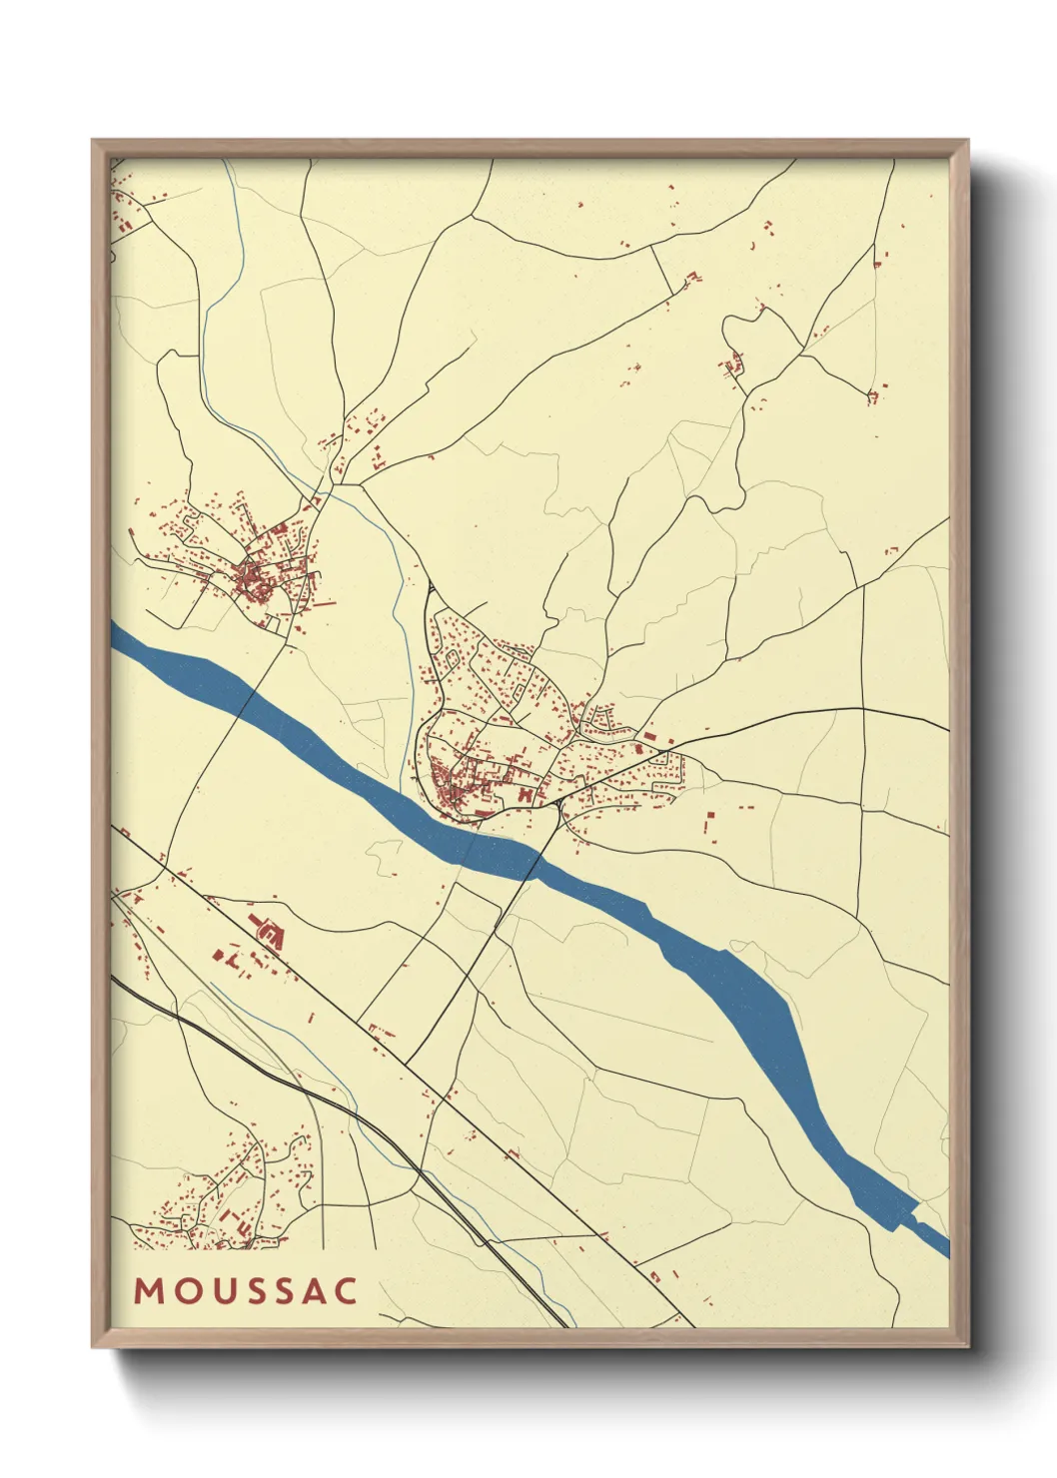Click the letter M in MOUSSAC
[x=148, y=1290]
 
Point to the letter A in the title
[x=314, y=1290]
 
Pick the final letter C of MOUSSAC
[x=346, y=1290]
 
